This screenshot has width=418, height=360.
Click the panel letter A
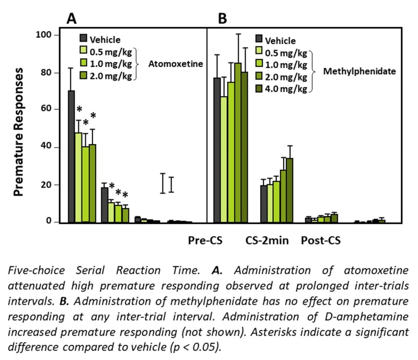72,19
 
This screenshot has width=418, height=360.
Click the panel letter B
223,19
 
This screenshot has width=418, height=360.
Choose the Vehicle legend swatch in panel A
84,39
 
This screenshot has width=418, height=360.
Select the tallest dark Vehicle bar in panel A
72,157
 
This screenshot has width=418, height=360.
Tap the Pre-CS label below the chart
205,241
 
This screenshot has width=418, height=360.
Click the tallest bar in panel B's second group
289,190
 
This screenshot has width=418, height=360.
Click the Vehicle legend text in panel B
280,40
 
